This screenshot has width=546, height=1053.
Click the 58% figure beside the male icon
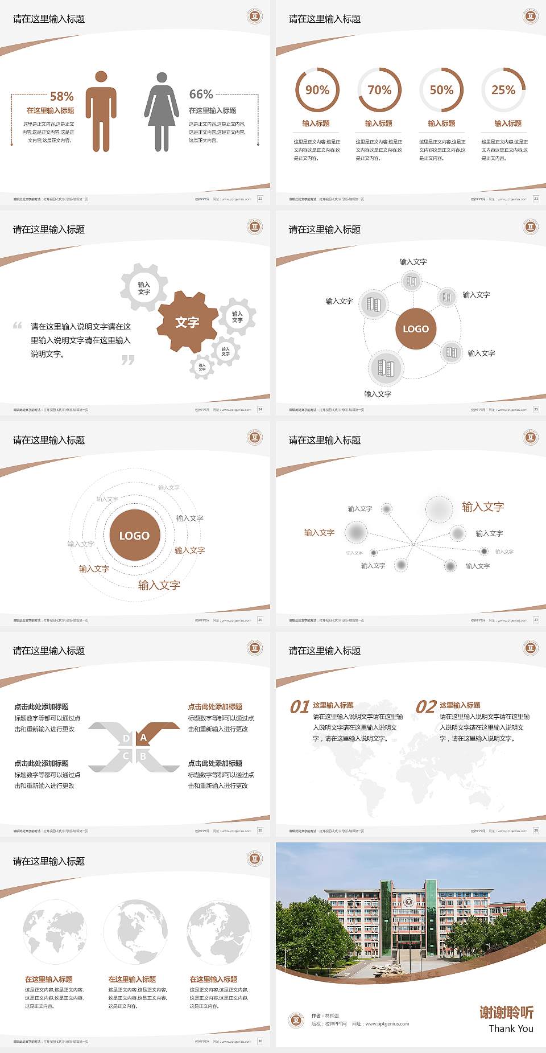tap(61, 97)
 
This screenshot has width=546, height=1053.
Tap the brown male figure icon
tap(101, 112)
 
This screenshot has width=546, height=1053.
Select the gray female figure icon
tap(162, 112)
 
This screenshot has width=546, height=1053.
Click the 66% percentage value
tap(201, 94)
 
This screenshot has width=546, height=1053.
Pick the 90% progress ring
tap(317, 90)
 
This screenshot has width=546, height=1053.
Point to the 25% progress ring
tap(503, 90)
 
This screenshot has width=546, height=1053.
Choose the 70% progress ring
tap(379, 90)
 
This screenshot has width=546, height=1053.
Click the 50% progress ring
tap(441, 90)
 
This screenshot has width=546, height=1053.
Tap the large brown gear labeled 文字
tap(188, 322)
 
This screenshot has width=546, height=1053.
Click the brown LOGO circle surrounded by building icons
tap(416, 329)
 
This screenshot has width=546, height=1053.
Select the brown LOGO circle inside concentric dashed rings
tap(134, 536)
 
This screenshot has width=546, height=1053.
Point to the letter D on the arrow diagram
tap(126, 739)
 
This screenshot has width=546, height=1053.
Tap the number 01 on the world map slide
tap(300, 707)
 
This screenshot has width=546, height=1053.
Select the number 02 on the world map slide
tap(426, 707)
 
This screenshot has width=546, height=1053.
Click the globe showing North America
tap(135, 932)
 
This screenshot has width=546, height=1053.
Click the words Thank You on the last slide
tap(511, 1029)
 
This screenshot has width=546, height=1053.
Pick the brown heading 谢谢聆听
tap(506, 1013)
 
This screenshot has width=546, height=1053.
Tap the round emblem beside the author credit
tap(296, 1019)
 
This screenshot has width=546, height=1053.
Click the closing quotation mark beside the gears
tap(128, 360)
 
